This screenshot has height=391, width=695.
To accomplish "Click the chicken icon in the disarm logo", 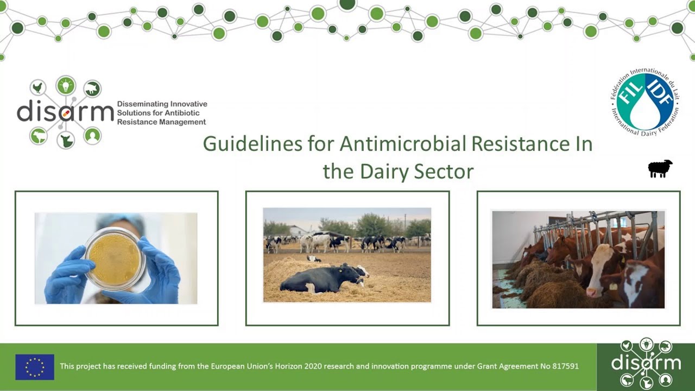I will [x=38, y=87].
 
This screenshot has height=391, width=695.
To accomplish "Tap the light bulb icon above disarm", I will [x=66, y=85].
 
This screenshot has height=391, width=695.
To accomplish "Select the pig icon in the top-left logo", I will [x=93, y=88].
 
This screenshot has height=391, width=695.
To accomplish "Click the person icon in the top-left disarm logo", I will [x=92, y=135].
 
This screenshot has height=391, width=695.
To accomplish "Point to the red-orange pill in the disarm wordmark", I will [x=65, y=113].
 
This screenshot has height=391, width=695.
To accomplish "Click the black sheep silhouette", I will [x=660, y=168].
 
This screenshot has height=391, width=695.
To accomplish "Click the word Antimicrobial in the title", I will [x=402, y=144].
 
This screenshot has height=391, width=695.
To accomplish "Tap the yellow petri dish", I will [x=115, y=258].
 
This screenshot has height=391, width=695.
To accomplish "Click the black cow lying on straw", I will [x=320, y=278].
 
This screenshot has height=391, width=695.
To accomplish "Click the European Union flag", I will [x=35, y=367].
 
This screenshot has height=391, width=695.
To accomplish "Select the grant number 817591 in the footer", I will [x=565, y=366].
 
